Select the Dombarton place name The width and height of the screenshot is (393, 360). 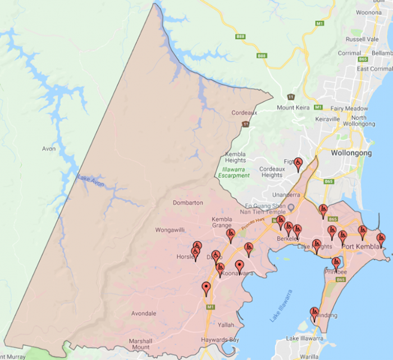(188, 203)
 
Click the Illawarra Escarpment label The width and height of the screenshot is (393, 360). (235, 172)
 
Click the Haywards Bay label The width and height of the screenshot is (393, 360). (220, 340)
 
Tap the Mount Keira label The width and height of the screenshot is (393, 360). (293, 108)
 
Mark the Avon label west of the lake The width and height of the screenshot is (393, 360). (49, 149)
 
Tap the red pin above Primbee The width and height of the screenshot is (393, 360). (336, 262)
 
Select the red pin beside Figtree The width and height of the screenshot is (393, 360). (298, 164)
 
